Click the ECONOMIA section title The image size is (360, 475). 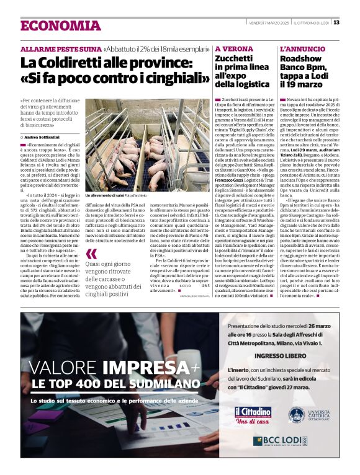[x=60, y=25]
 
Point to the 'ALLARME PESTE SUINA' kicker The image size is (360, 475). [x=61, y=48]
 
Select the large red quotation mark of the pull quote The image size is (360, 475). [x=92, y=254]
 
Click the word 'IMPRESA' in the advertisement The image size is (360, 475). [x=146, y=368]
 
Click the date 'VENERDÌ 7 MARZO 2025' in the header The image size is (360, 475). [x=269, y=23]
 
